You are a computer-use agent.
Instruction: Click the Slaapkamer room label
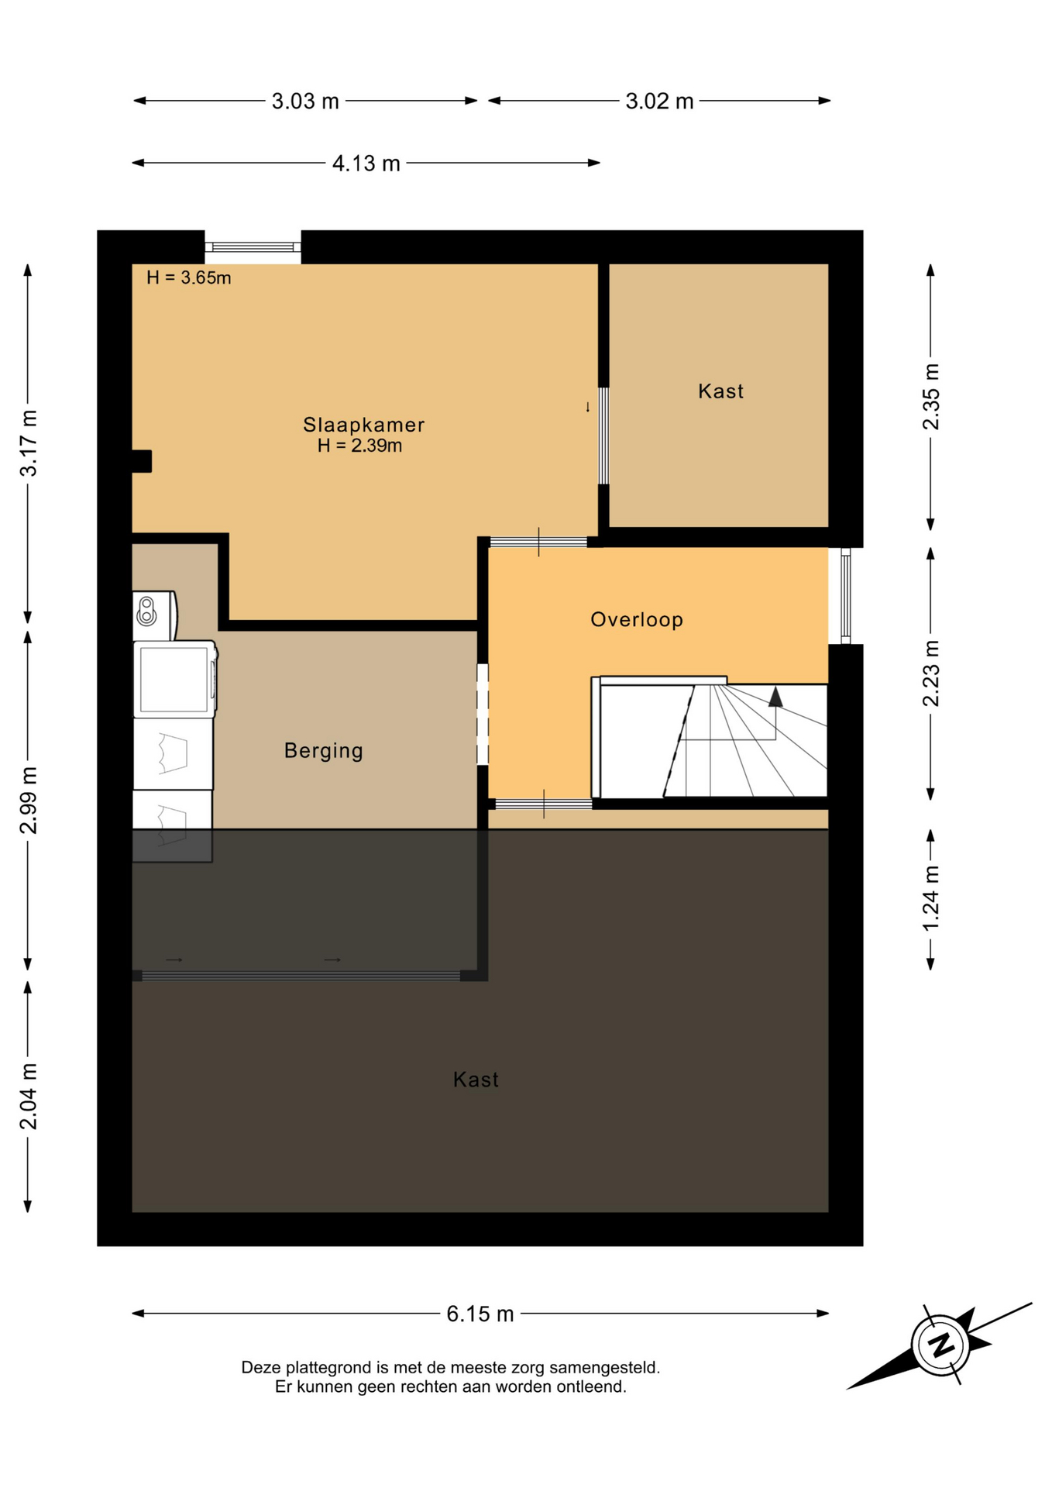pyautogui.click(x=363, y=425)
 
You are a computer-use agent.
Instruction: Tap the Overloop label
pyautogui.click(x=637, y=620)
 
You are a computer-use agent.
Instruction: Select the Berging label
pyautogui.click(x=324, y=750)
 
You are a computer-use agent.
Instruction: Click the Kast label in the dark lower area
pyautogui.click(x=476, y=1080)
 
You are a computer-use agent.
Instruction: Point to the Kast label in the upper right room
pyautogui.click(x=720, y=391)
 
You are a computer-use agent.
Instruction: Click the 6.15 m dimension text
pyautogui.click(x=480, y=1314)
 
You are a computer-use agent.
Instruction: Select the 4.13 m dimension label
pyautogui.click(x=366, y=164)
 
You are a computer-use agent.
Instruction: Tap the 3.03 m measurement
pyautogui.click(x=305, y=102)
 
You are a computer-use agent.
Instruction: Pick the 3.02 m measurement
pyautogui.click(x=659, y=102)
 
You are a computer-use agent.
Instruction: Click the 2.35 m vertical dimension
pyautogui.click(x=930, y=397)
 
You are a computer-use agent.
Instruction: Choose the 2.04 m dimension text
pyautogui.click(x=28, y=1097)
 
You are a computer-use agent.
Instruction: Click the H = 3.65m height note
pyautogui.click(x=189, y=277)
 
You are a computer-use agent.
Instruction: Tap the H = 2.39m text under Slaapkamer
pyautogui.click(x=359, y=446)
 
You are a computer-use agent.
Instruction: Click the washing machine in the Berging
pyautogui.click(x=175, y=679)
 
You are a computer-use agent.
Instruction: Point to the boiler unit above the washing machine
pyautogui.click(x=155, y=615)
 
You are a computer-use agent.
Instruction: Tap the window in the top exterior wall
pyautogui.click(x=253, y=247)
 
